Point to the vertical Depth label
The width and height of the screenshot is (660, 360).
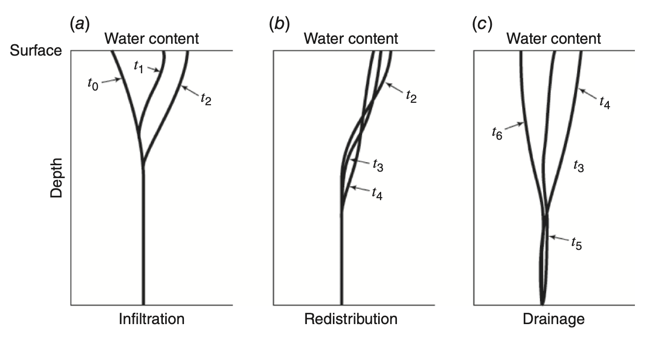[57, 178]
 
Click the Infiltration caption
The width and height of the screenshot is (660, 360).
[151, 319]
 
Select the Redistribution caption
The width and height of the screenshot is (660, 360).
[351, 319]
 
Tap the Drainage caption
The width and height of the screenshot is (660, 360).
[554, 319]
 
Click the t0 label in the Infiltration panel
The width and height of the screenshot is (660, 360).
[92, 84]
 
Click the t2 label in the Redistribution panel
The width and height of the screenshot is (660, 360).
[411, 95]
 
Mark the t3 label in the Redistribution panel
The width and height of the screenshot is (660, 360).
[377, 166]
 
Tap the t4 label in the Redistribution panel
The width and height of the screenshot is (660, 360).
[377, 194]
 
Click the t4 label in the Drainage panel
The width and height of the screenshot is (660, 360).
[605, 102]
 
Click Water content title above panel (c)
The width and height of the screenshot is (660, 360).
[554, 38]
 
